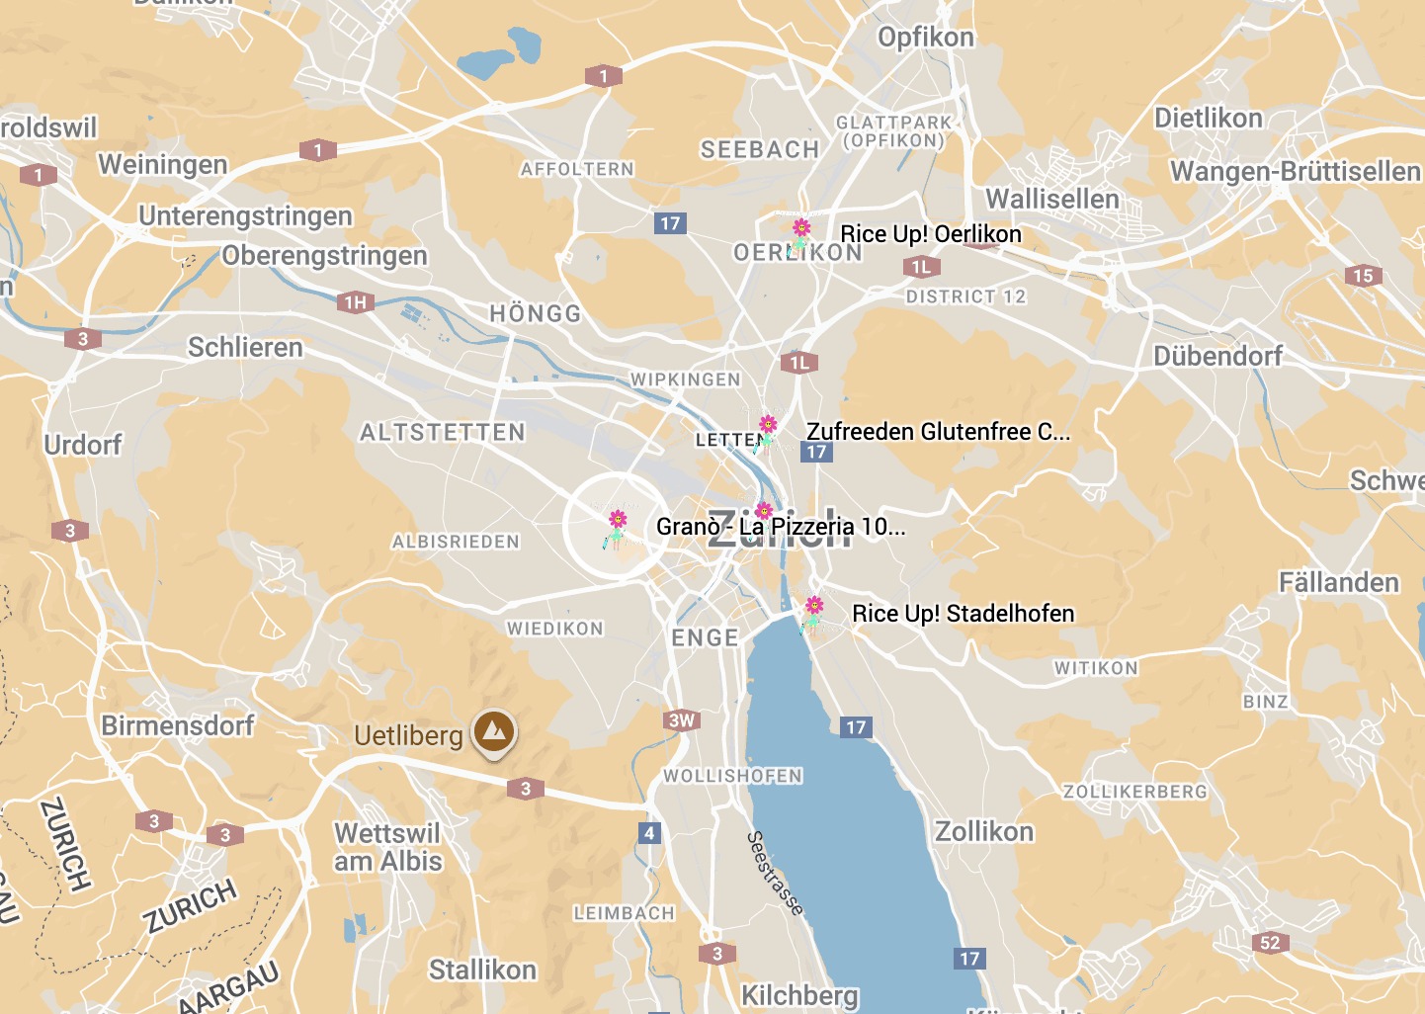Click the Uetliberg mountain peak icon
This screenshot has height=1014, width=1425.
[494, 732]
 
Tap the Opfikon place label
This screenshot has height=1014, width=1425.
[926, 38]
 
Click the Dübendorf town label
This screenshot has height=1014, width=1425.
[1217, 356]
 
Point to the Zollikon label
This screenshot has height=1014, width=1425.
[984, 831]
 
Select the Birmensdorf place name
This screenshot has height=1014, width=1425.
[178, 725]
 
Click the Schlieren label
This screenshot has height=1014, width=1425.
[245, 347]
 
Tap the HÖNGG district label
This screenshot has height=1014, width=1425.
[536, 313]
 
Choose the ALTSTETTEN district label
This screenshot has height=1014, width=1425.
[443, 432]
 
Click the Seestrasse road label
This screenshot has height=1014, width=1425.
[775, 873]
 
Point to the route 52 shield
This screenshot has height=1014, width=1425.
[1270, 942]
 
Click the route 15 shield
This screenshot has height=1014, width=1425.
[1363, 276]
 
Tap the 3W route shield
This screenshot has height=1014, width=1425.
[682, 719]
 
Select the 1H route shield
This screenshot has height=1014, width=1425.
[356, 302]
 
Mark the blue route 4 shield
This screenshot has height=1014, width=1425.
[649, 832]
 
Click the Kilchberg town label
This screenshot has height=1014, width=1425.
[799, 994]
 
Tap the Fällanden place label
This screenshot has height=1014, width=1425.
[1339, 582]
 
